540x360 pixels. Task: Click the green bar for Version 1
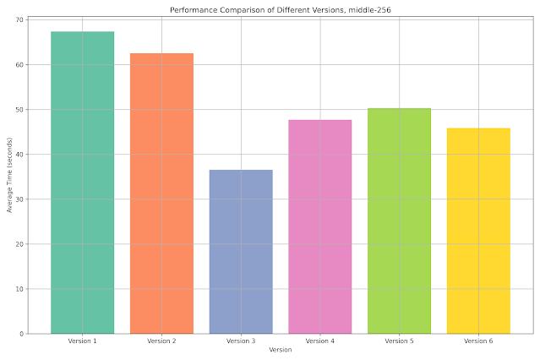[x=82, y=183]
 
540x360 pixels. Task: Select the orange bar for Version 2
[x=161, y=194]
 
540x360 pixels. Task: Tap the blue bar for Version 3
[x=241, y=252]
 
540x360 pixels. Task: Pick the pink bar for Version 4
[x=319, y=226]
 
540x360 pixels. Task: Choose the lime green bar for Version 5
[x=399, y=221]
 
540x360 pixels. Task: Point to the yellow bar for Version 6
[x=478, y=231]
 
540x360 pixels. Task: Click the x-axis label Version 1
[x=82, y=341]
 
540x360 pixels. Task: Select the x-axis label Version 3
[x=241, y=341]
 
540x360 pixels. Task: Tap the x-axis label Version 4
[x=319, y=341]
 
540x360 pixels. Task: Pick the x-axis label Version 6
[x=478, y=341]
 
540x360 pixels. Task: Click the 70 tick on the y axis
[x=19, y=19]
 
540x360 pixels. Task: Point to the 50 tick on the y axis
[x=19, y=110]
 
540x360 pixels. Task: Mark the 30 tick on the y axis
[x=19, y=199]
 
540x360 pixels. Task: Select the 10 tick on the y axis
[x=19, y=289]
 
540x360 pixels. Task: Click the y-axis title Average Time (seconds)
[x=8, y=175]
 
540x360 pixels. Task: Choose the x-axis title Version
[x=280, y=350]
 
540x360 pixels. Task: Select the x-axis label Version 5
[x=399, y=341]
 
